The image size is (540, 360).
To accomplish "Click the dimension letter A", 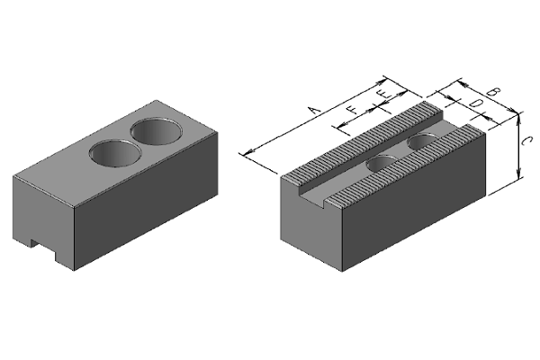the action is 314,110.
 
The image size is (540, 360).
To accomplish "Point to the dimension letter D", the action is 475,103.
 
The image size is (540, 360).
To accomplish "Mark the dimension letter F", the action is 352,110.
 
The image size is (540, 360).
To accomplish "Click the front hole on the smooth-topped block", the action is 115,154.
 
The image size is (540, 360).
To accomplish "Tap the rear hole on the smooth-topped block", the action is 157,132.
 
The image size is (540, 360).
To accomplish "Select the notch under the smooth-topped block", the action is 43,249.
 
